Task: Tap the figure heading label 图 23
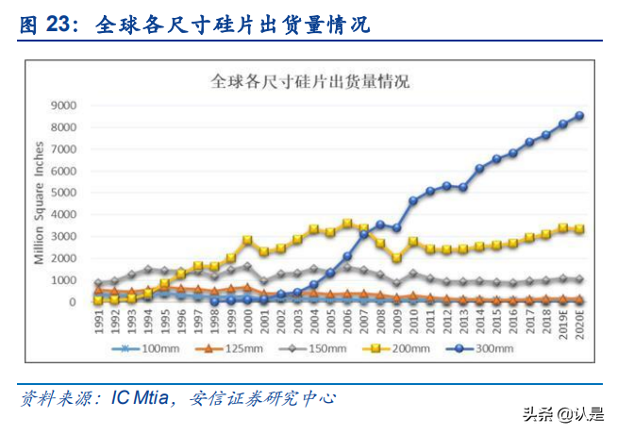(47, 25)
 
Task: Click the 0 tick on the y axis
(71, 303)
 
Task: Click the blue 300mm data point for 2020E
(579, 115)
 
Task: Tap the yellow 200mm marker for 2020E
(579, 229)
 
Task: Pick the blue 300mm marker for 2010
(413, 200)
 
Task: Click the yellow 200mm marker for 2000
(247, 241)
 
